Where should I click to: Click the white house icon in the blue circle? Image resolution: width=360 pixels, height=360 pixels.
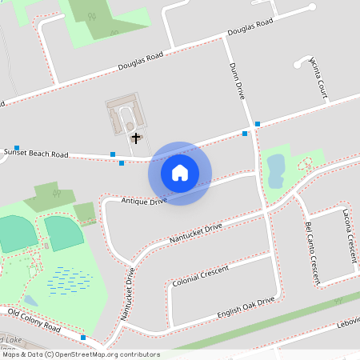point(180,172)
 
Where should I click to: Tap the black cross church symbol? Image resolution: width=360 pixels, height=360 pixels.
point(135,138)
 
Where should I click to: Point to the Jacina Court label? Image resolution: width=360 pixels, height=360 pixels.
point(318,75)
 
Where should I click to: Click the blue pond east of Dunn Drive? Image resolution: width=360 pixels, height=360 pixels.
point(275,170)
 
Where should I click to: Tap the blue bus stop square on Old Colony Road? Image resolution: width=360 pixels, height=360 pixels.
point(83,338)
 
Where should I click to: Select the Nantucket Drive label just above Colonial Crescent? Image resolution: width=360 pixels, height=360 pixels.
point(195,234)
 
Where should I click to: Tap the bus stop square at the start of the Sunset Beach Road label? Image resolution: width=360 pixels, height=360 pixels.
point(16,148)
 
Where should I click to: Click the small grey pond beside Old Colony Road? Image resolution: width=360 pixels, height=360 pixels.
point(30,300)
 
